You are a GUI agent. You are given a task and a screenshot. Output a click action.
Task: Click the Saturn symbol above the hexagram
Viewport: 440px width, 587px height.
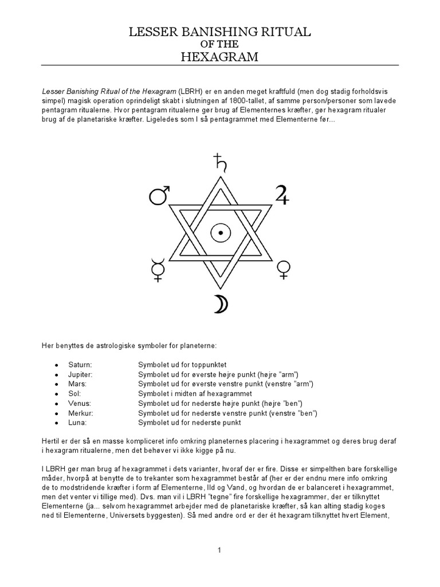pos(219,162)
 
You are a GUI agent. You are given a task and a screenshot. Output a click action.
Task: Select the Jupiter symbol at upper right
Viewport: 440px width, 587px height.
pos(281,195)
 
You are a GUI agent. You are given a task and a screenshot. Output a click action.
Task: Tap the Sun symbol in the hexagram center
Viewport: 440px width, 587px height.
pos(219,232)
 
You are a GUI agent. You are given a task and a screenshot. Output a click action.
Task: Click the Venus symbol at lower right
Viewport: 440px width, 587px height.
pos(282,269)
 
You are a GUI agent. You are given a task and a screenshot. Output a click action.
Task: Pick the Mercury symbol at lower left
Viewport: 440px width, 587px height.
pos(156,268)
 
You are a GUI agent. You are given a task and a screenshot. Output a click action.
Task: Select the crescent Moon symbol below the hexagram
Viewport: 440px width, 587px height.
pos(220,304)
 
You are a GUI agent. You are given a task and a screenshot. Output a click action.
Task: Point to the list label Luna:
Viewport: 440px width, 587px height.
pos(77,422)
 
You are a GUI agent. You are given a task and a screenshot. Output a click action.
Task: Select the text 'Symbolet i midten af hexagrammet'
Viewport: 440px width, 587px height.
pos(195,393)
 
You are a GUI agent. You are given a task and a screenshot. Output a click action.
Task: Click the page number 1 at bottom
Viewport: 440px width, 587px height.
pos(219,550)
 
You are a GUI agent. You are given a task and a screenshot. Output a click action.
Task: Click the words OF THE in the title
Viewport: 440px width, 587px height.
pos(219,44)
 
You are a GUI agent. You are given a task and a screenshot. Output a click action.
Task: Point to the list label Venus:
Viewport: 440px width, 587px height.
pos(79,403)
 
